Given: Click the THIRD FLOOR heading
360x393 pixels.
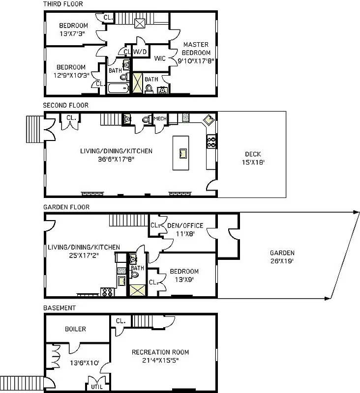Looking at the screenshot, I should (63, 4).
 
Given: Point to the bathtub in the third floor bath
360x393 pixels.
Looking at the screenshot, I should (118, 89).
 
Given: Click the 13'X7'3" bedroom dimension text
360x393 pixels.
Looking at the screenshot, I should (73, 34).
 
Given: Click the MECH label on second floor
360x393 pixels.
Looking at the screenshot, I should (160, 119).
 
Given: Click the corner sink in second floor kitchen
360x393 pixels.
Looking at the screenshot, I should (209, 119).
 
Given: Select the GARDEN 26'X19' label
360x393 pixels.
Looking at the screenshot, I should (282, 257).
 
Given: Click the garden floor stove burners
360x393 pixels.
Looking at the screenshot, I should (107, 292).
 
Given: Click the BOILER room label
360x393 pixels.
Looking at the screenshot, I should (75, 329).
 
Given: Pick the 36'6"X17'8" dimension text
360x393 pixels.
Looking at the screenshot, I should (116, 158).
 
